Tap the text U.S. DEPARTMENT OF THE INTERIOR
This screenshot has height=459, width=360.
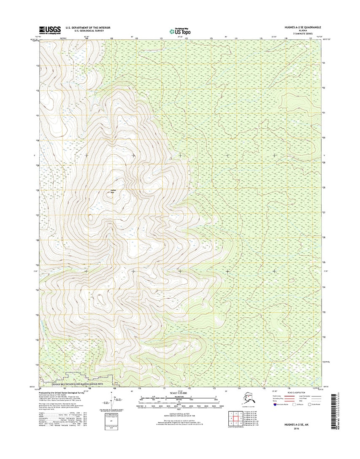88,27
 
